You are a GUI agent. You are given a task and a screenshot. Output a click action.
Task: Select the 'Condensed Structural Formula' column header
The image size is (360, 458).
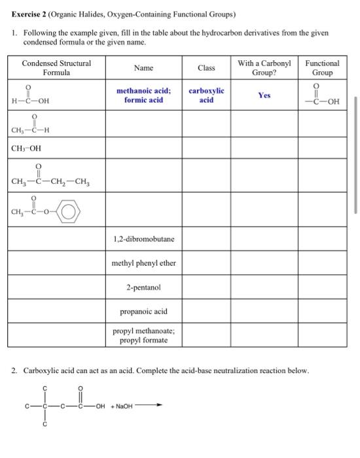pyautogui.click(x=56, y=68)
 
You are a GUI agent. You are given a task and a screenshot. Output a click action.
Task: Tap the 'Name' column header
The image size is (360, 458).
pyautogui.click(x=143, y=68)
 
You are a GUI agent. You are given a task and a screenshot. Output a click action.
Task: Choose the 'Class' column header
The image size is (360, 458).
pyautogui.click(x=206, y=68)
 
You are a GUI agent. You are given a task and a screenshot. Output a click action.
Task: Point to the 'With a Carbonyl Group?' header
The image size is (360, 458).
pyautogui.click(x=264, y=68)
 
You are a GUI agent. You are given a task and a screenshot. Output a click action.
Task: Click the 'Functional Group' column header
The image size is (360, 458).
pyautogui.click(x=322, y=68)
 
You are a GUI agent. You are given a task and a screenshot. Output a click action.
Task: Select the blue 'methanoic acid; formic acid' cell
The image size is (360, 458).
pyautogui.click(x=143, y=96)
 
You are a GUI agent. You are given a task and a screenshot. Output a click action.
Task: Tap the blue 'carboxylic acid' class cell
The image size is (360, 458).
pyautogui.click(x=206, y=96)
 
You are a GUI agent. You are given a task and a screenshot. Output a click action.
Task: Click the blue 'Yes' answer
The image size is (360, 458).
pyautogui.click(x=264, y=96)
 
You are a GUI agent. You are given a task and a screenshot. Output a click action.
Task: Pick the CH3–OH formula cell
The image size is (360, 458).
pyautogui.click(x=27, y=147)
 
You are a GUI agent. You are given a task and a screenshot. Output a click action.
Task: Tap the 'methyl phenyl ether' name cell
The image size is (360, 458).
pyautogui.click(x=143, y=263)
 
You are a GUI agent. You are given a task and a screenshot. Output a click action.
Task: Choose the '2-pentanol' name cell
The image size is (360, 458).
pyautogui.click(x=143, y=287)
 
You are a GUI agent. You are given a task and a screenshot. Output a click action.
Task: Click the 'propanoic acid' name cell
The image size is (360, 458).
pyautogui.click(x=143, y=311)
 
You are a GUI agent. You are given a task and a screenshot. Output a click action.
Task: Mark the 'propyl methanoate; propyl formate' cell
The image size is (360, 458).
pyautogui.click(x=143, y=336)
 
